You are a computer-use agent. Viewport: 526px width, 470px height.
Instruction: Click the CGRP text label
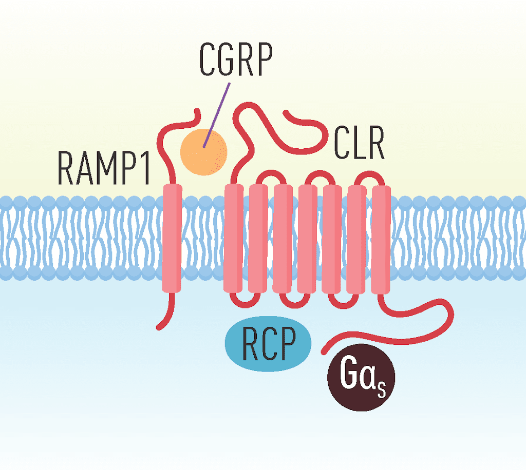[x=235, y=61]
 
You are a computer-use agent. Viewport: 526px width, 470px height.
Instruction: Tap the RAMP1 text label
[x=104, y=167]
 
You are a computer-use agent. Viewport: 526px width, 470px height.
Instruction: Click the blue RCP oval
[x=268, y=343]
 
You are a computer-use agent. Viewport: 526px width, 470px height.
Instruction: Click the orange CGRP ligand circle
[x=203, y=150]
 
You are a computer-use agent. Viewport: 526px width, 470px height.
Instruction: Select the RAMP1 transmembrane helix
[x=172, y=239]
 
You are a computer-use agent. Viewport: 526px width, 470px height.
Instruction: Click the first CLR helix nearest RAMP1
[x=234, y=239]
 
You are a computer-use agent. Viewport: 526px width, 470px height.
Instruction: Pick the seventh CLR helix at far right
[x=381, y=239]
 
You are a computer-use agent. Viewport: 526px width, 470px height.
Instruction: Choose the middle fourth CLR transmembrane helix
[x=307, y=239]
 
